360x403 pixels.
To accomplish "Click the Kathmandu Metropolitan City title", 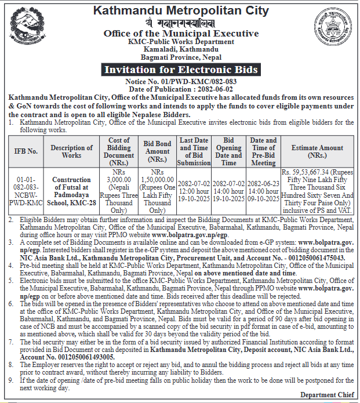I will point(181,10).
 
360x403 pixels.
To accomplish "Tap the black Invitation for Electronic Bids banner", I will point(181,70).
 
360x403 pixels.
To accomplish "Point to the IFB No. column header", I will point(26,151).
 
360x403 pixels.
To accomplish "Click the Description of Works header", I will point(71,151).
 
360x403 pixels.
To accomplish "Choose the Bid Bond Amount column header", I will point(157,151).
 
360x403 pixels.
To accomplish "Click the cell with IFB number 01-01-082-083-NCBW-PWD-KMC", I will point(26,191).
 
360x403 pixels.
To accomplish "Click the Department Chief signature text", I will point(326,395).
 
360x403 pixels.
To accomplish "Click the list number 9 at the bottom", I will point(11,380).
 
